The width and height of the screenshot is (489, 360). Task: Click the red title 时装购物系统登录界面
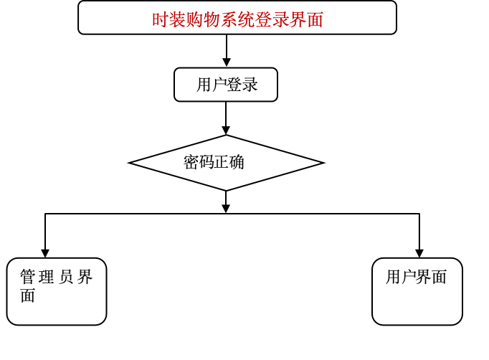tap(237, 19)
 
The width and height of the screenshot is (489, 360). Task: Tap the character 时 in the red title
tap(159, 19)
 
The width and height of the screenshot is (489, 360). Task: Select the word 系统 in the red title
tap(237, 19)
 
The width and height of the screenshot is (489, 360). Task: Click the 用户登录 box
tap(226, 85)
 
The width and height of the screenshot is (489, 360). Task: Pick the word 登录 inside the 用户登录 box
tap(242, 85)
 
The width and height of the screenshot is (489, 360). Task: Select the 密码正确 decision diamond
tap(227, 163)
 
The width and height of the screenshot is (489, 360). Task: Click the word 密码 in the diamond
tap(199, 162)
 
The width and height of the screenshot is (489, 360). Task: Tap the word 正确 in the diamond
tap(229, 162)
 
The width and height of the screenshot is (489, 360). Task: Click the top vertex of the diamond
tap(227, 136)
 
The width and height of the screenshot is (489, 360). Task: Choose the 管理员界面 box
tap(57, 291)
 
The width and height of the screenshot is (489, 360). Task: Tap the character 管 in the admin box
tap(27, 278)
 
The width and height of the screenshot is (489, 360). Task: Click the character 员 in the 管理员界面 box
tap(66, 278)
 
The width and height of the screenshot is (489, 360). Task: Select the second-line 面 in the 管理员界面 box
tap(28, 295)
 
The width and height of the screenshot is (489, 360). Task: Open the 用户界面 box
tap(417, 291)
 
